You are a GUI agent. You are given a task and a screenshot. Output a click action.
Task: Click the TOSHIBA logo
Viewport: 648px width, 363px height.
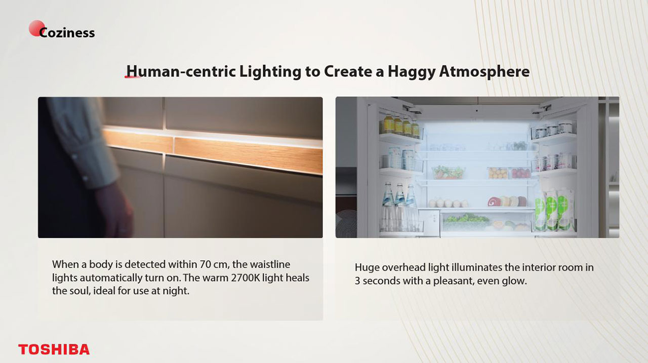click(x=54, y=349)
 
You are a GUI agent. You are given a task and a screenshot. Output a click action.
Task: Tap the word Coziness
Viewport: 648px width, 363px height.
click(x=67, y=33)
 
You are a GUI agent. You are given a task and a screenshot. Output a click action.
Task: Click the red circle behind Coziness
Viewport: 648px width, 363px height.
click(x=37, y=28)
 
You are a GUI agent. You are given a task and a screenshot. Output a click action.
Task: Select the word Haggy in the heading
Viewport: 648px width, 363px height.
click(x=412, y=72)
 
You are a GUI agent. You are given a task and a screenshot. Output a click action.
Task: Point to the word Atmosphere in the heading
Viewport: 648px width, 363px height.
click(x=484, y=72)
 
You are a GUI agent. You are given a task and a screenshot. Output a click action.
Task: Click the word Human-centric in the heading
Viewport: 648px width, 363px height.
click(x=181, y=71)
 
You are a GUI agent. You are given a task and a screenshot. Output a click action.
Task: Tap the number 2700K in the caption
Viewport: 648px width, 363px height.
click(x=246, y=277)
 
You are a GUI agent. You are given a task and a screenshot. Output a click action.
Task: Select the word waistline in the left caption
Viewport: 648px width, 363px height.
click(x=270, y=264)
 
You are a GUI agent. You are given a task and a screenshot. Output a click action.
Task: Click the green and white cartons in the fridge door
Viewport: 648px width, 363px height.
click(x=554, y=210)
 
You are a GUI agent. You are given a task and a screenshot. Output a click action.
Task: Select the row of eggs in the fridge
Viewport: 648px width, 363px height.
click(x=448, y=203)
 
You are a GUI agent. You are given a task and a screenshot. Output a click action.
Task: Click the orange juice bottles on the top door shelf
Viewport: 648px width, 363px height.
click(x=400, y=126)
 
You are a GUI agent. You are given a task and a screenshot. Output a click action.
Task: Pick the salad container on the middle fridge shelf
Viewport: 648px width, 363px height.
click(x=448, y=173)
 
